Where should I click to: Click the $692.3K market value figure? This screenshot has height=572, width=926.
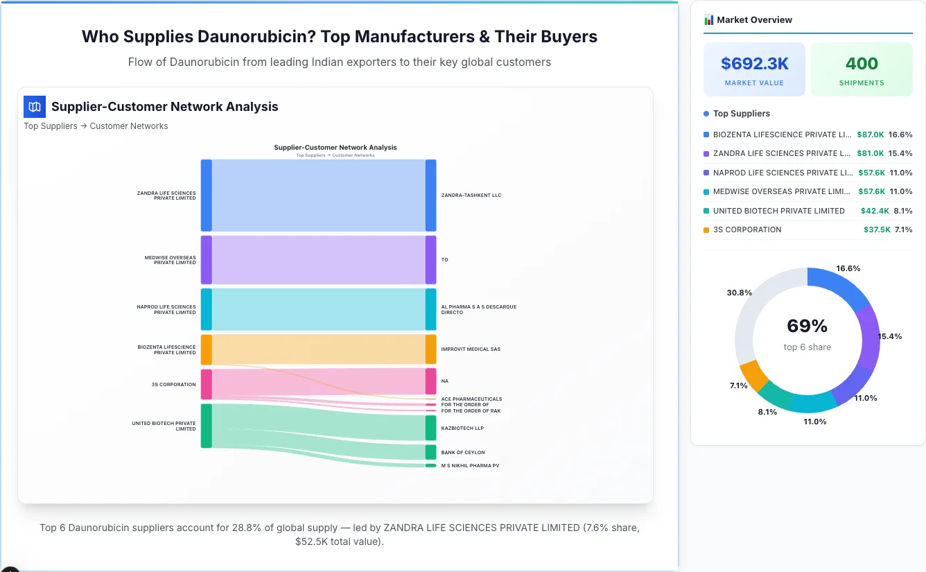click(x=754, y=64)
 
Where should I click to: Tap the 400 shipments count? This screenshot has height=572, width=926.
click(x=862, y=64)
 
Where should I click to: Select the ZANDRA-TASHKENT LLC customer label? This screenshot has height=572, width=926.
click(x=471, y=196)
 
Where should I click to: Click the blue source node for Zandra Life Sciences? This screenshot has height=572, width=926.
click(x=207, y=196)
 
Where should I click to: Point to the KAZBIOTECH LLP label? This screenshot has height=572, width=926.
click(x=462, y=428)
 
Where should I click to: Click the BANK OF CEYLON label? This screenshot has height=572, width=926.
click(x=462, y=453)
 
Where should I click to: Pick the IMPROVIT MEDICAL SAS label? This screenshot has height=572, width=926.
click(x=471, y=349)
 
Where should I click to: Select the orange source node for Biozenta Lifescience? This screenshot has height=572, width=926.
click(x=207, y=349)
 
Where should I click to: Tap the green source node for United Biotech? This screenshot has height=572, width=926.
click(x=207, y=426)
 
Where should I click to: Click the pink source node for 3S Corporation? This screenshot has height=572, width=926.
click(x=207, y=384)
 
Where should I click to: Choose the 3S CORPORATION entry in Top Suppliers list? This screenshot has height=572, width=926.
click(x=746, y=229)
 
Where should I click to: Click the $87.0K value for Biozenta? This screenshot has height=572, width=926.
click(x=870, y=135)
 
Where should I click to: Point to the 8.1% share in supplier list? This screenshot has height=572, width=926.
click(x=902, y=211)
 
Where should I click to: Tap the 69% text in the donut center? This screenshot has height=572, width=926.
click(x=807, y=326)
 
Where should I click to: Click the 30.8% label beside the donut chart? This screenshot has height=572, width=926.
click(x=739, y=293)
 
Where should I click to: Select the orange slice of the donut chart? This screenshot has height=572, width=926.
click(x=754, y=375)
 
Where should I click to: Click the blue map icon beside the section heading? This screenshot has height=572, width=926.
click(x=35, y=107)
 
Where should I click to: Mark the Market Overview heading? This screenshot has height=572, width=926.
click(x=754, y=20)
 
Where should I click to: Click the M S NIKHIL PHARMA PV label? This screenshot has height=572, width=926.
click(x=470, y=466)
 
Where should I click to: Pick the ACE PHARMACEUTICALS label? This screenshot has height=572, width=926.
click(x=471, y=399)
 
